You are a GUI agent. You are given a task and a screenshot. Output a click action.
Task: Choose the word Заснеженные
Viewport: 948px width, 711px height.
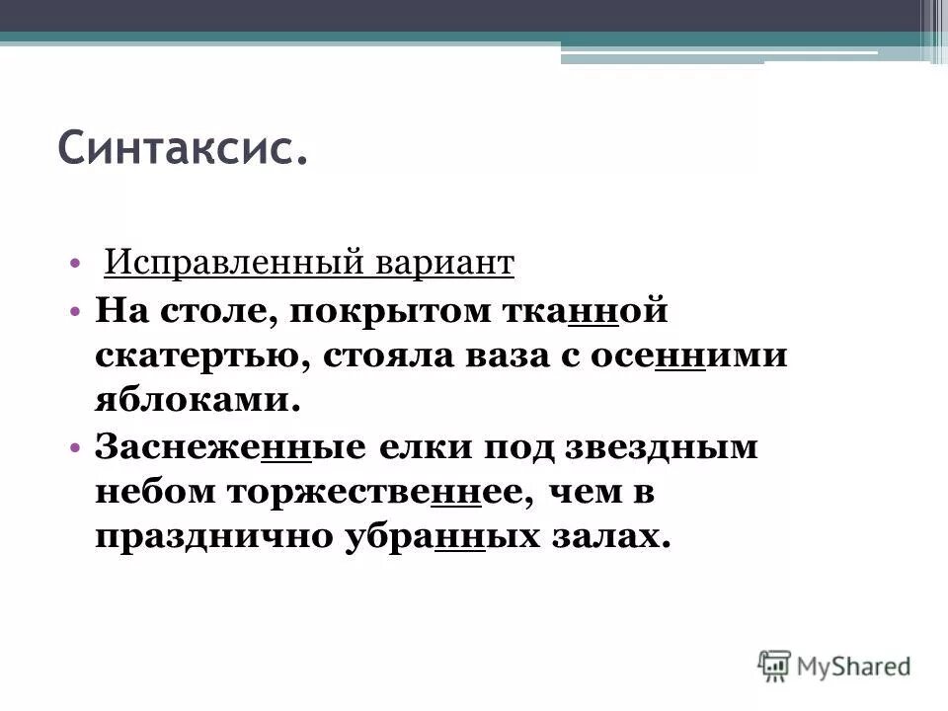coord(228,445)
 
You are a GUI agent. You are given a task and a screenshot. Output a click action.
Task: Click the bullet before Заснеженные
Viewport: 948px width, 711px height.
coord(76,446)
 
